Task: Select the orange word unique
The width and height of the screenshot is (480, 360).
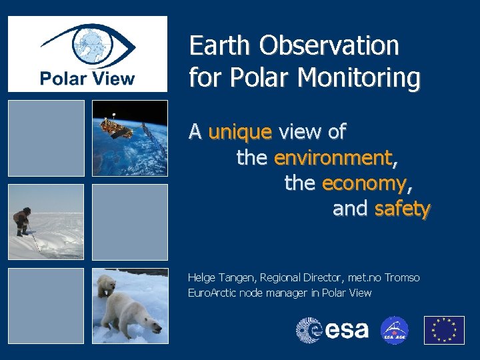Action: (x=240, y=132)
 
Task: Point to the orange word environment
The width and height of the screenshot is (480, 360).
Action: (x=332, y=158)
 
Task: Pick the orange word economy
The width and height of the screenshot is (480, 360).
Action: (x=363, y=183)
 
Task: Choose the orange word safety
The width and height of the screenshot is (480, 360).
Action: (x=402, y=209)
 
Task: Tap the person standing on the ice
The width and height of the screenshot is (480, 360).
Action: (x=23, y=221)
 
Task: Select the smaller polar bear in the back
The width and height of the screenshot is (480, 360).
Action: (x=106, y=285)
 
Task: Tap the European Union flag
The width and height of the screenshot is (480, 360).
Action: (x=444, y=330)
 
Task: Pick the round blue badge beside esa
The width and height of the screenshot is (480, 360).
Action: (x=394, y=330)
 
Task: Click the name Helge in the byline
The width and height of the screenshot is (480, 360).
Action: (x=202, y=277)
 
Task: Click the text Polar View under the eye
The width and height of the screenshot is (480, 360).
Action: (x=87, y=79)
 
